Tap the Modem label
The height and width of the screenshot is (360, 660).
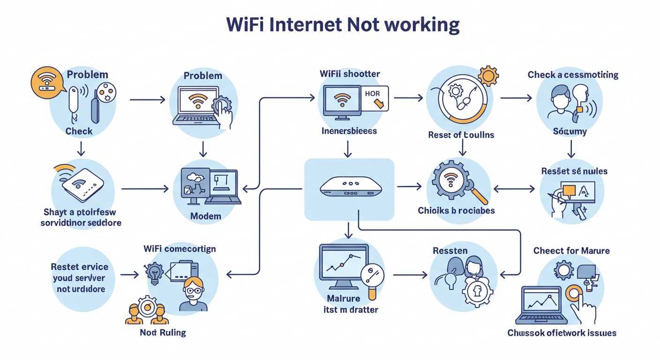click(x=205, y=216)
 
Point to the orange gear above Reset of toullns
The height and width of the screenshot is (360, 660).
click(x=488, y=75)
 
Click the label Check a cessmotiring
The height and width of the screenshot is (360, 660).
click(x=573, y=75)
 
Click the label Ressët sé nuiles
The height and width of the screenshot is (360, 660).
click(x=574, y=171)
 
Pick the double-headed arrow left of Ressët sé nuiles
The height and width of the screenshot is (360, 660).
click(x=514, y=189)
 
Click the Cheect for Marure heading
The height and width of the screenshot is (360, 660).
click(x=571, y=251)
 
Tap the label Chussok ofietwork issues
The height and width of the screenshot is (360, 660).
click(x=562, y=333)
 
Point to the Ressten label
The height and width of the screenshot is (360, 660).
click(x=450, y=251)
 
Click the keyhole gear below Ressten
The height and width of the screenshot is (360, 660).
click(x=477, y=292)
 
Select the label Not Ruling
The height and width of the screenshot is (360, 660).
click(x=163, y=333)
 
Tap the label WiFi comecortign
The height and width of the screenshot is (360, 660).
click(x=180, y=249)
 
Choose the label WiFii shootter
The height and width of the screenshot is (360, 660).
click(x=350, y=74)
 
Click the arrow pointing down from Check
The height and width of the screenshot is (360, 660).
click(x=81, y=149)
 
